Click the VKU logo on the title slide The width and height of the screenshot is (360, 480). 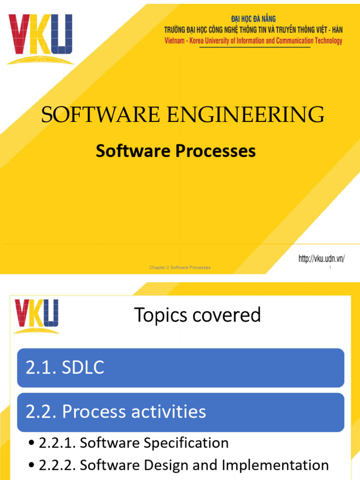tap(40, 37)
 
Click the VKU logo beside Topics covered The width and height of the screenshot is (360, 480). tap(36, 315)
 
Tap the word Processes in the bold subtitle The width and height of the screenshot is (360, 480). tap(218, 151)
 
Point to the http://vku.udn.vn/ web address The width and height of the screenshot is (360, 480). tap(322, 259)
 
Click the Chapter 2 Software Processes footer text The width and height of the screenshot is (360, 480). tap(180, 267)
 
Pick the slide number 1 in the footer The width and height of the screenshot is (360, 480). tap(330, 268)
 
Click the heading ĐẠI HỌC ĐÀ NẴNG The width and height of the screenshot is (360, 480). tap(254, 19)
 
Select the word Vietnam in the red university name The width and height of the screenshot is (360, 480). tap(176, 41)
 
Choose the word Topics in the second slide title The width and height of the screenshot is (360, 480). tap(158, 315)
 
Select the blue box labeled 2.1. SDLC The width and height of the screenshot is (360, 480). tap(180, 368)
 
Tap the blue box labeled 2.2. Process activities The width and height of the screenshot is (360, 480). tap(180, 412)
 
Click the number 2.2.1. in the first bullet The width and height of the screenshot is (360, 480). tap(57, 442)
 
